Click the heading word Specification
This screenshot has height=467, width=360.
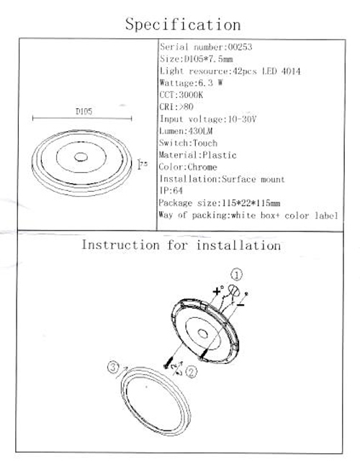tap(183, 25)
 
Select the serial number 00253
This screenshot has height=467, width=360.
tap(240, 47)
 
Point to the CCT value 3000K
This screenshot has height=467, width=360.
tap(191, 95)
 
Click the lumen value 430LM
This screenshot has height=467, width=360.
tap(200, 131)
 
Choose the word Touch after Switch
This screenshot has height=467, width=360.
tap(205, 143)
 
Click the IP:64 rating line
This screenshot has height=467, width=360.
tap(171, 190)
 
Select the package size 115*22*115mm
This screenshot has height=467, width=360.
tap(251, 203)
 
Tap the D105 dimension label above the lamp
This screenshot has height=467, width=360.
tap(84, 112)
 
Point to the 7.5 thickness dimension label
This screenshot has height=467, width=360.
tap(144, 164)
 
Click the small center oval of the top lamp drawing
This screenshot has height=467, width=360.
tap(81, 156)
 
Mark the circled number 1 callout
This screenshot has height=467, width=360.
tap(237, 275)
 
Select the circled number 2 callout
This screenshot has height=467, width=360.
tap(191, 372)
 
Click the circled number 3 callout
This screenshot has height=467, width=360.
tap(113, 367)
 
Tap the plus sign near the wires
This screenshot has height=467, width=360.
tap(217, 291)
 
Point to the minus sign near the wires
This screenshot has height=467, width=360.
tap(240, 305)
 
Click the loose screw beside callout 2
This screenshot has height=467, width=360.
tap(168, 363)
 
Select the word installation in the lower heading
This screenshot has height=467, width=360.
tap(238, 246)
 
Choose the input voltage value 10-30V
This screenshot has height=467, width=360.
tap(242, 119)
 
